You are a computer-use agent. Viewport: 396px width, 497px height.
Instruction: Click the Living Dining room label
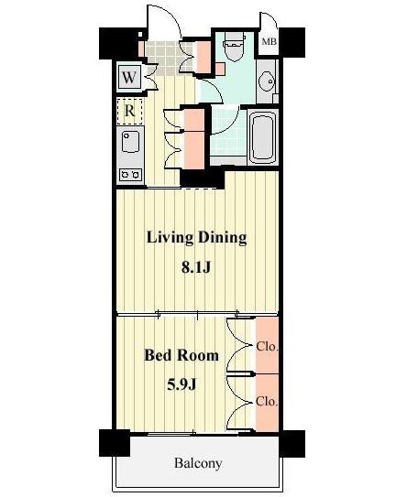pyautogui.click(x=196, y=238)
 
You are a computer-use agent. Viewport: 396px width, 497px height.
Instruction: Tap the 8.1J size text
pyautogui.click(x=196, y=268)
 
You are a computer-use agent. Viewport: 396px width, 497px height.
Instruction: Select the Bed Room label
pyautogui.click(x=181, y=355)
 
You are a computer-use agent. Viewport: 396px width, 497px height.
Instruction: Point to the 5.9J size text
pyautogui.click(x=181, y=384)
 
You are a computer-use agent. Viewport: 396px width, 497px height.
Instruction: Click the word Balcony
pyautogui.click(x=197, y=463)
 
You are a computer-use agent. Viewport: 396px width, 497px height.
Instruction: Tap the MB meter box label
pyautogui.click(x=269, y=41)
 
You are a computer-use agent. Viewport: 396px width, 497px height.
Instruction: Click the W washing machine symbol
pyautogui.click(x=129, y=77)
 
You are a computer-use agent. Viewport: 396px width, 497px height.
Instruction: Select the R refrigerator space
pyautogui.click(x=129, y=111)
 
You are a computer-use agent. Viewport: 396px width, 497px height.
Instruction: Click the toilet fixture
pyautogui.click(x=234, y=47)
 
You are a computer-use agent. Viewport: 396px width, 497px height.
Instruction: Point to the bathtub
pyautogui.click(x=262, y=136)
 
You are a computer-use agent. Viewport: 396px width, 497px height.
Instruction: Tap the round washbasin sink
pyautogui.click(x=266, y=81)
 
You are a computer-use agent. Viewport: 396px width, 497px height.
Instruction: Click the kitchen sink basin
pyautogui.click(x=130, y=141)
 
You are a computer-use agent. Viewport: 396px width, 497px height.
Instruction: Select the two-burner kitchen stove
pyautogui.click(x=130, y=175)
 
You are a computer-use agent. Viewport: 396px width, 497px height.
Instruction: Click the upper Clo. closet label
pyautogui.click(x=267, y=347)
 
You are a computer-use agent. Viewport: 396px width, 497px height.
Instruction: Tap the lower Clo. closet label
pyautogui.click(x=267, y=402)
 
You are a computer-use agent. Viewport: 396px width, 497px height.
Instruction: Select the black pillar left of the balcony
pyautogui.click(x=115, y=443)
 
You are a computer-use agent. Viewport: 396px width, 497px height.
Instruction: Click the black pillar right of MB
pyautogui.click(x=291, y=42)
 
